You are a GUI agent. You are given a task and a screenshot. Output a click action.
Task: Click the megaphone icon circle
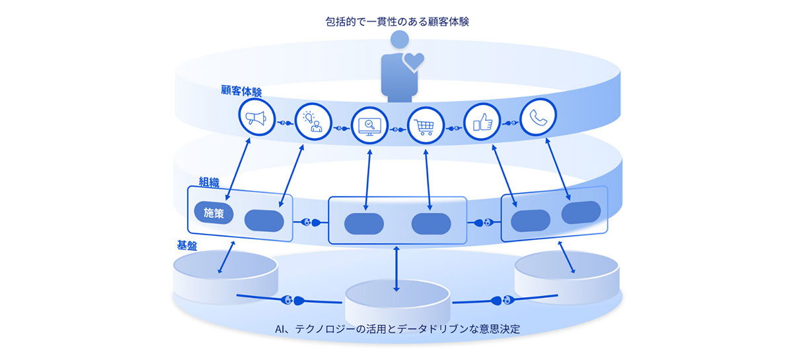(x=256, y=118)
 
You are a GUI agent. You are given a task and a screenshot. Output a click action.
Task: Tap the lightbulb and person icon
(x=311, y=122)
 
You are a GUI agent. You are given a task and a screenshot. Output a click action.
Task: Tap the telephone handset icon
(x=537, y=118)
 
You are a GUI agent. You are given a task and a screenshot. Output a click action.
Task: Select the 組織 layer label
(x=211, y=179)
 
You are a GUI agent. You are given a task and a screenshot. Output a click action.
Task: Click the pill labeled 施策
(x=213, y=213)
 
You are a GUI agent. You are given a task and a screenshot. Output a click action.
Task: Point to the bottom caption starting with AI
(x=397, y=328)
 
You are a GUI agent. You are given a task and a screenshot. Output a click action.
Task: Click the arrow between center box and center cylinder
(x=396, y=269)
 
